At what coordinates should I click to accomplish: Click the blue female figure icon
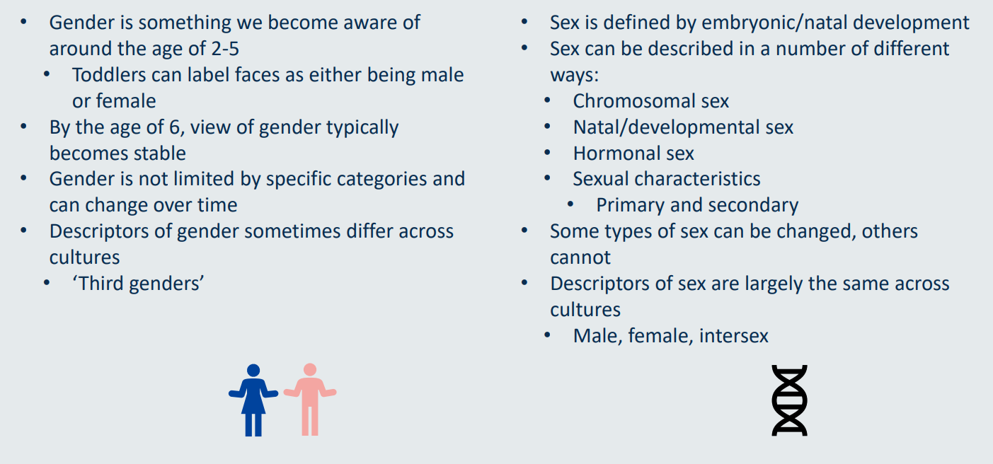(253, 400)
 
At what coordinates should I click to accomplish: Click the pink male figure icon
(310, 400)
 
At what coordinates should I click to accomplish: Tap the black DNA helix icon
(790, 400)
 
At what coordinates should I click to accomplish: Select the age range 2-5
(225, 49)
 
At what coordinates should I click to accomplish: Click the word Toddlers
(108, 75)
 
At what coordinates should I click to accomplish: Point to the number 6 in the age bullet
(174, 127)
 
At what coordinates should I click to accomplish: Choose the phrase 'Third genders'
(138, 284)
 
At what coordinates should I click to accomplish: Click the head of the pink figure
(310, 370)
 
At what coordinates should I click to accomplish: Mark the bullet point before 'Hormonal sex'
(548, 153)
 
